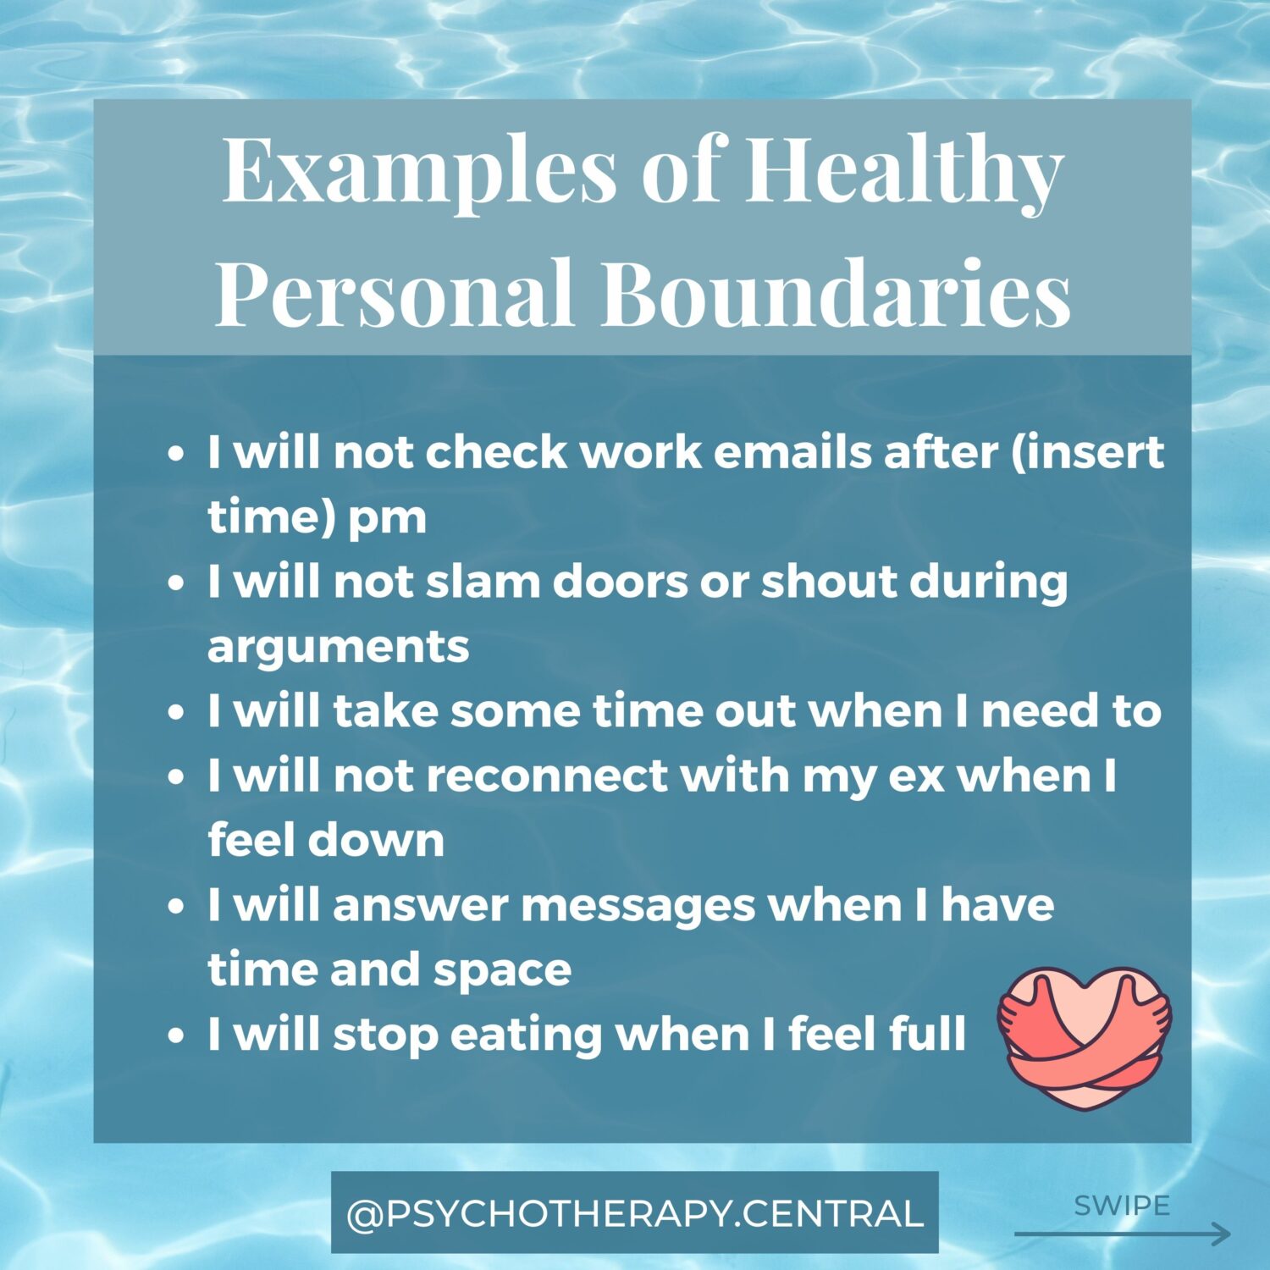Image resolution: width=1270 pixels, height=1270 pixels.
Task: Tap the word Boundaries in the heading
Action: pos(837,293)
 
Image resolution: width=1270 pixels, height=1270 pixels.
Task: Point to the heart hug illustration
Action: pos(1085,1036)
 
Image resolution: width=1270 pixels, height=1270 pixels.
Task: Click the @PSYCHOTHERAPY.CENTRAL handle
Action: pos(635,1213)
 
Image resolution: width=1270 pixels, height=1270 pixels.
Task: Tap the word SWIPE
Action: pos(1122,1205)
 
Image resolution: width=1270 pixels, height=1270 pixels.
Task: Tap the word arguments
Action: pos(338,648)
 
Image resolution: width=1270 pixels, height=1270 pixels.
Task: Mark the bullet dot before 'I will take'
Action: pos(176,712)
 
